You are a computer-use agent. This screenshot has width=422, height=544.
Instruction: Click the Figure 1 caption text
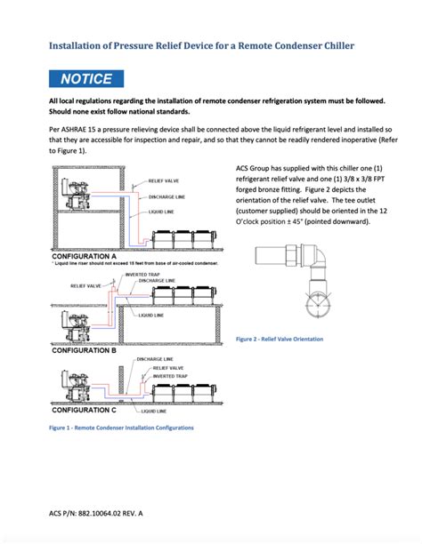tap(121, 428)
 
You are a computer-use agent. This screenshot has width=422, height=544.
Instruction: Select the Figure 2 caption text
tap(280, 339)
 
